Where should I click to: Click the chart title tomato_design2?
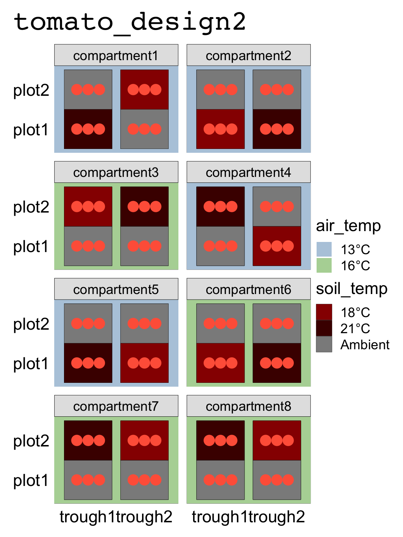pos(129,22)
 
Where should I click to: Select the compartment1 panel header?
pos(116,56)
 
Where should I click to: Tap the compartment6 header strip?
pos(248,289)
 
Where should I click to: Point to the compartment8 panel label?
pos(248,406)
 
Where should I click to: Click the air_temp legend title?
pos(348,226)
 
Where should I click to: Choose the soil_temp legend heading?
pos(352,289)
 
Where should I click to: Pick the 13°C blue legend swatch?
pos(324,250)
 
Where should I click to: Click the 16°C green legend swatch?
pos(324,266)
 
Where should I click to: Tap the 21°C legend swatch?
pos(324,328)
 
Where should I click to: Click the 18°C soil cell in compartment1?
pos(144,89)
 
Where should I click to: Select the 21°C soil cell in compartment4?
pos(220,206)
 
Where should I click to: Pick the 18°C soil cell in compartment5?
pos(144,363)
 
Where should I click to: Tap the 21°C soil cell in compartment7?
pos(88,440)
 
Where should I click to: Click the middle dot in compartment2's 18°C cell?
pos(220,129)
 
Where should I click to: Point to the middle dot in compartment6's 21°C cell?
pos(277,363)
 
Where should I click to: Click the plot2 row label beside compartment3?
pos(31,207)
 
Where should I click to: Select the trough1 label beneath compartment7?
pos(87,517)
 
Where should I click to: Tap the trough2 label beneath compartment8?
pos(277,517)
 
